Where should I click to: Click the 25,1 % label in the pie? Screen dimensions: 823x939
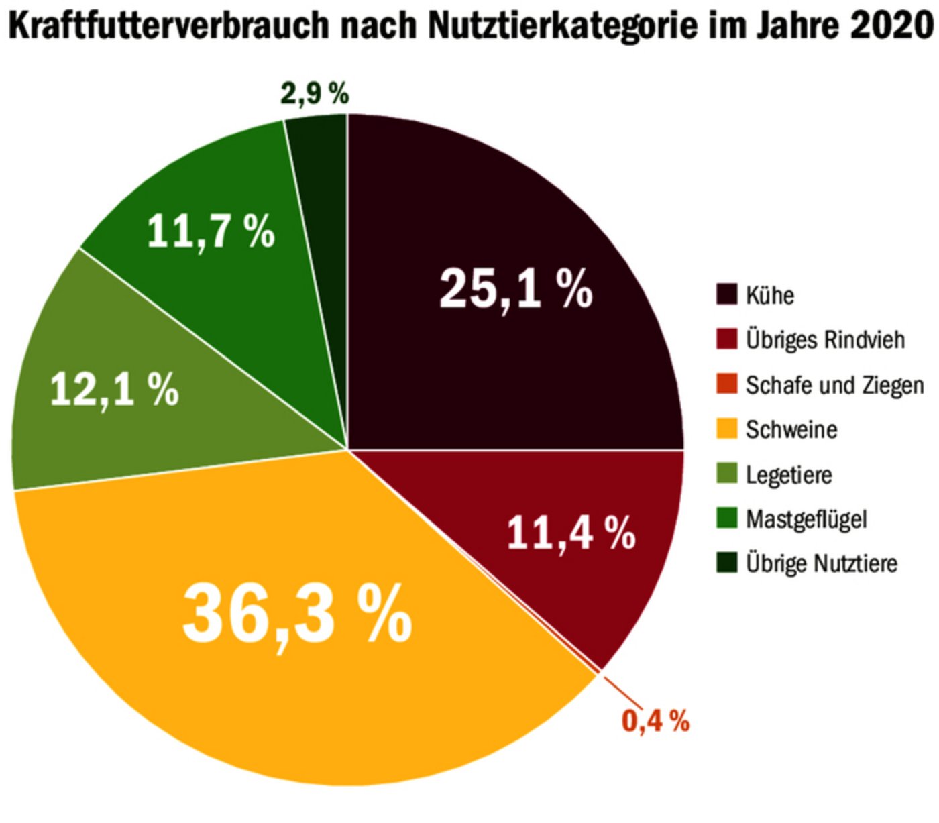click(x=515, y=288)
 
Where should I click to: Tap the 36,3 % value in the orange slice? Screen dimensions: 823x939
click(x=297, y=614)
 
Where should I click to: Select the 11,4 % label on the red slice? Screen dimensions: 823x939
click(x=571, y=533)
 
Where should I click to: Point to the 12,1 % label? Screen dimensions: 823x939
click(x=115, y=389)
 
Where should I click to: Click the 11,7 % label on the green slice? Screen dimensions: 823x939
click(x=211, y=231)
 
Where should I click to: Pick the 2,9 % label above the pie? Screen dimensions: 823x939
click(x=315, y=93)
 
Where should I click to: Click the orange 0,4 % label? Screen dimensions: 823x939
click(x=655, y=721)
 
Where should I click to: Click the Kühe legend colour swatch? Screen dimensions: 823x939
click(x=726, y=294)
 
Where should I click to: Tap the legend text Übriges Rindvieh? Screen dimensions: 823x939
click(x=825, y=339)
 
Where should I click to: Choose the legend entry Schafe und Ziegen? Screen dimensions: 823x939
click(x=834, y=385)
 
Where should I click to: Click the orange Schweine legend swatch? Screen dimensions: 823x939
click(x=726, y=429)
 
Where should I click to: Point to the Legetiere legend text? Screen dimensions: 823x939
click(x=789, y=474)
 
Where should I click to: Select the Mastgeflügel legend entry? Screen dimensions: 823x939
click(x=806, y=518)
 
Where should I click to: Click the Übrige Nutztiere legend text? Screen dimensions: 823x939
click(x=821, y=563)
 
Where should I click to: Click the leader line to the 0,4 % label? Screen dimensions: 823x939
click(x=618, y=691)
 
